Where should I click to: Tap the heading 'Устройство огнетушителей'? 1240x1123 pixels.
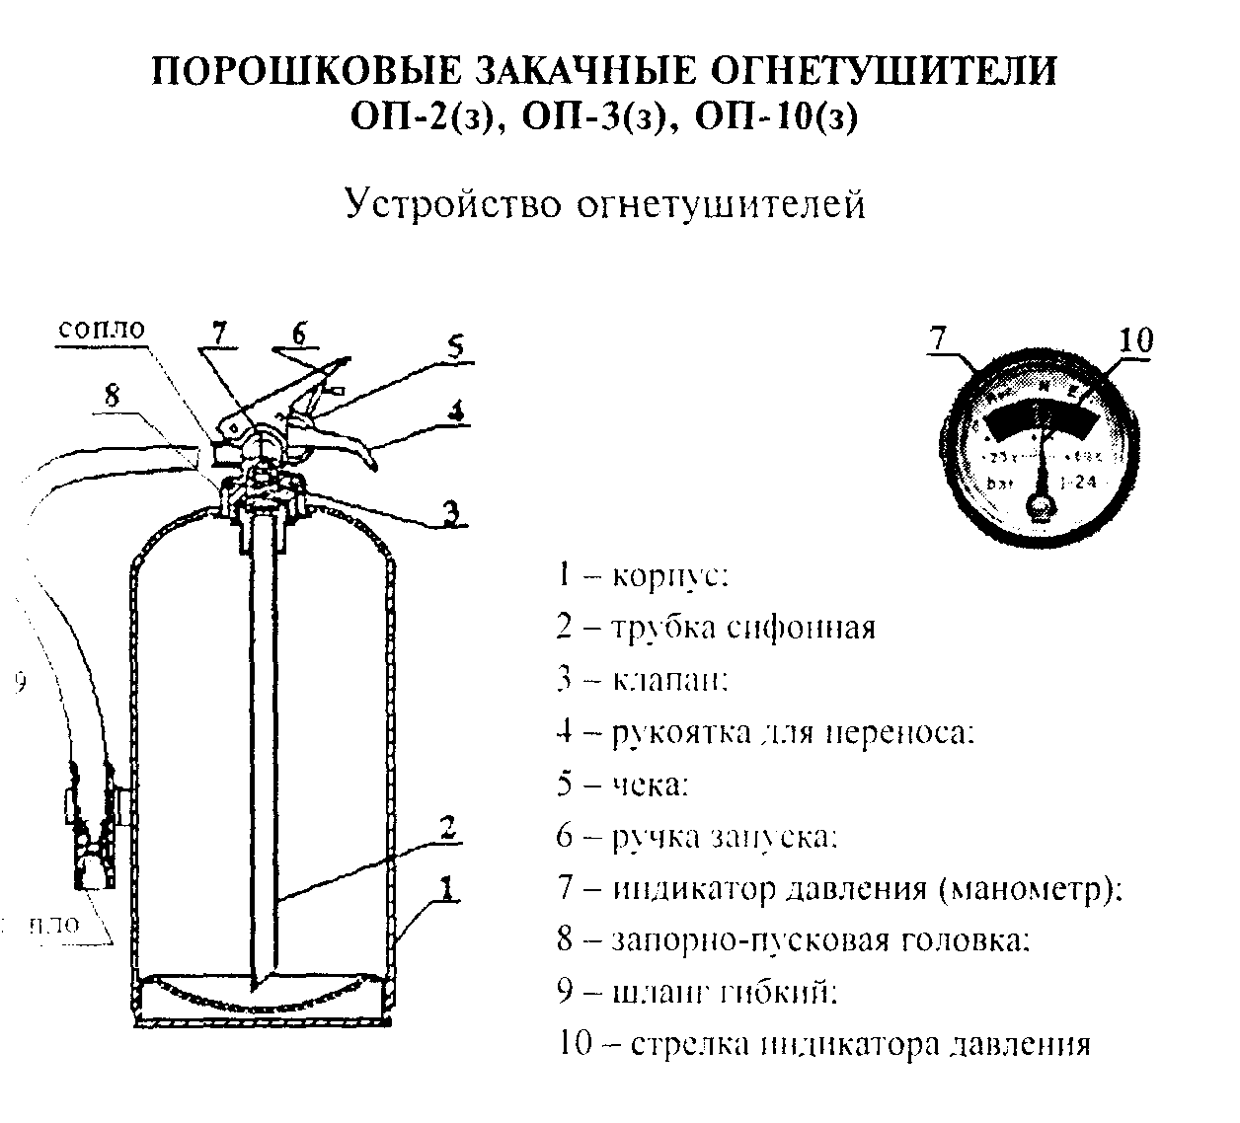click(604, 204)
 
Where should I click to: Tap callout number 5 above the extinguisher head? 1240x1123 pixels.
click(453, 346)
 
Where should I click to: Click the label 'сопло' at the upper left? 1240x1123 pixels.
click(101, 329)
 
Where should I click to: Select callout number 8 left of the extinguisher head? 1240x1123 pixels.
click(112, 395)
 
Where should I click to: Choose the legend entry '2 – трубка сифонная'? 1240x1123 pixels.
click(715, 628)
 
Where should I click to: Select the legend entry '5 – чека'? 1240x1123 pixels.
click(622, 785)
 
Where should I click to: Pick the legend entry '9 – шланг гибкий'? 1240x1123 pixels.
click(696, 992)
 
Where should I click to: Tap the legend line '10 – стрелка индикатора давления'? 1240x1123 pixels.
click(823, 1044)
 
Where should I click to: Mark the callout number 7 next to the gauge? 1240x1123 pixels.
click(938, 339)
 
